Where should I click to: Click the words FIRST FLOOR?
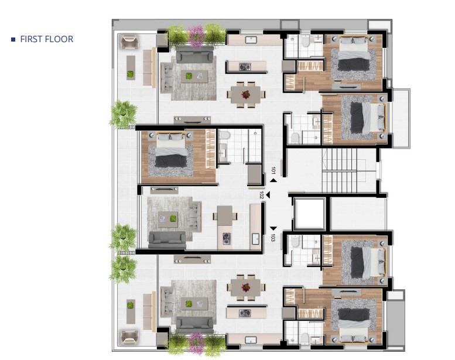pyautogui.click(x=47, y=39)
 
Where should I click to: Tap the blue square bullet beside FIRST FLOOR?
pyautogui.click(x=13, y=39)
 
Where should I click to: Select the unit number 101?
pyautogui.click(x=273, y=170)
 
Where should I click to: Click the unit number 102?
pyautogui.click(x=261, y=195)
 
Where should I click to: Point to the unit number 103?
pyautogui.click(x=273, y=238)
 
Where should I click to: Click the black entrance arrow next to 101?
pyautogui.click(x=273, y=180)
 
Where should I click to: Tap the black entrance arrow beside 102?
pyautogui.click(x=268, y=196)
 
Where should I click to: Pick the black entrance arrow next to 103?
pyautogui.click(x=273, y=229)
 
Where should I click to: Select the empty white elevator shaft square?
pyautogui.click(x=309, y=214)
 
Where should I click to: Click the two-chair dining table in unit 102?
pyautogui.click(x=225, y=216)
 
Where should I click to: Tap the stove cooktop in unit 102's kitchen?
pyautogui.click(x=227, y=239)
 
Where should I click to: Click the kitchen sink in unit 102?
pyautogui.click(x=256, y=239)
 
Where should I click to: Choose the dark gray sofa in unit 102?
pyautogui.click(x=167, y=240)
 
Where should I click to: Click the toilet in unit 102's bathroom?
pyautogui.click(x=224, y=135)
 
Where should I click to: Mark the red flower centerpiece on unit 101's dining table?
pyautogui.click(x=246, y=94)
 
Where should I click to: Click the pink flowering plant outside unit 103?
pyautogui.click(x=196, y=343)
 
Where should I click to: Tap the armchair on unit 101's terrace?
pyautogui.click(x=129, y=42)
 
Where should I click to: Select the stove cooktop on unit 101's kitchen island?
pyautogui.click(x=245, y=67)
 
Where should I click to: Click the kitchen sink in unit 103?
pyautogui.click(x=251, y=340)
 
